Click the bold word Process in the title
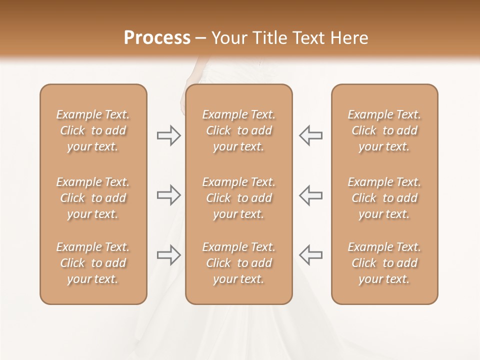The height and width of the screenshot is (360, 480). click(x=157, y=38)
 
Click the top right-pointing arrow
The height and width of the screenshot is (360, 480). click(x=168, y=135)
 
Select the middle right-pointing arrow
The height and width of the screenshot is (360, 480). click(x=168, y=195)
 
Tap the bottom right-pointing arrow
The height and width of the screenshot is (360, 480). click(x=168, y=255)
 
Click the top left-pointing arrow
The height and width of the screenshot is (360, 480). click(x=310, y=135)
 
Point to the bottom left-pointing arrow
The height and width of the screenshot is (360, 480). click(x=310, y=254)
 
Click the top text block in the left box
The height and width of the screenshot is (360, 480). click(x=93, y=130)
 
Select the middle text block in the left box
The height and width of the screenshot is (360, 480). click(x=93, y=198)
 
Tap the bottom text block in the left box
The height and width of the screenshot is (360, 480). click(x=93, y=263)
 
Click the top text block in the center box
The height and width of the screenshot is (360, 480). click(x=238, y=130)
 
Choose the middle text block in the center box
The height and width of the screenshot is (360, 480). click(x=238, y=198)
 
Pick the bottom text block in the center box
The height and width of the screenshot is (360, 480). click(x=238, y=263)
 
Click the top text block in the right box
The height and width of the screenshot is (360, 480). click(x=384, y=130)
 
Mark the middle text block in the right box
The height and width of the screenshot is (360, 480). click(x=384, y=198)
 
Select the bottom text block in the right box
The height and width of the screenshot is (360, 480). click(x=384, y=263)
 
